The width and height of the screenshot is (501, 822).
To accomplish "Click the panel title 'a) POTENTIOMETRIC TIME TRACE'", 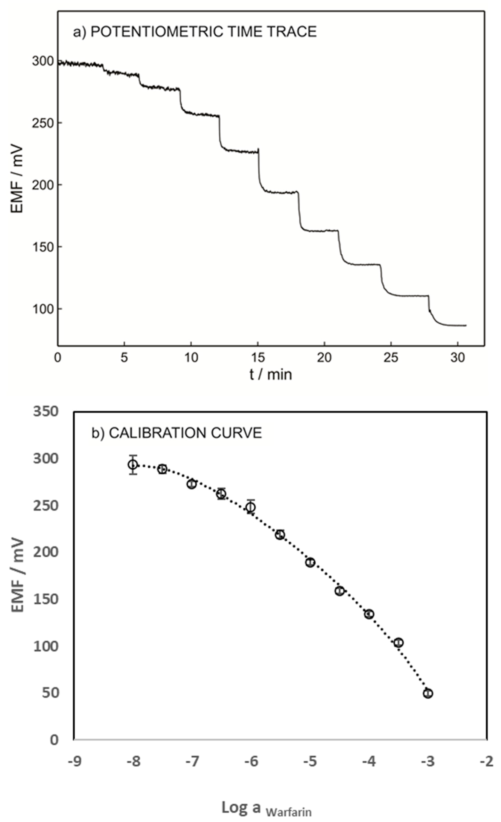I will (x=195, y=32).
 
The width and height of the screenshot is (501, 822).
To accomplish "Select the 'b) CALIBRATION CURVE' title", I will (x=177, y=433).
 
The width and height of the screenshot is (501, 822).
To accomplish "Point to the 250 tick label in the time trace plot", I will (x=42, y=123).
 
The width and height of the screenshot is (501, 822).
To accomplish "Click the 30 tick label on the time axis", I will (x=458, y=358).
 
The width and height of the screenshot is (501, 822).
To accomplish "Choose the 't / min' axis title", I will (x=271, y=374).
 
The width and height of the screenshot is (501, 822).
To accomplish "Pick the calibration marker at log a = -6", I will (x=251, y=507).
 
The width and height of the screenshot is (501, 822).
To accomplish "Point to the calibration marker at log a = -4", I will (x=369, y=614).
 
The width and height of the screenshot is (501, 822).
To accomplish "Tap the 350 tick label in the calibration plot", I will (x=45, y=412).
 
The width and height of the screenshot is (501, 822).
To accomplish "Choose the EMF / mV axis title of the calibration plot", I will (x=18, y=575).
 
